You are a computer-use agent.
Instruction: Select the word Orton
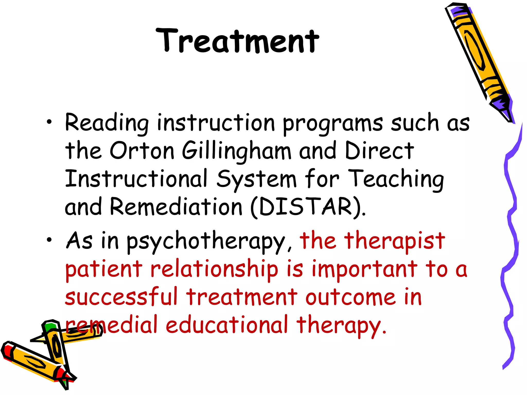142,151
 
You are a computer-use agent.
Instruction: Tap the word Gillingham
236,152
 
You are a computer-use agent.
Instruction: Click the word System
257,179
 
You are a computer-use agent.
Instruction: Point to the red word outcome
350,298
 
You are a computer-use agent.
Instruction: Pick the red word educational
226,325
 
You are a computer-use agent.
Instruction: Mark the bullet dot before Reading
49,122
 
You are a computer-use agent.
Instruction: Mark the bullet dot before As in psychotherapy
49,240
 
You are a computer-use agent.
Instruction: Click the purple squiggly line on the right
511,247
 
